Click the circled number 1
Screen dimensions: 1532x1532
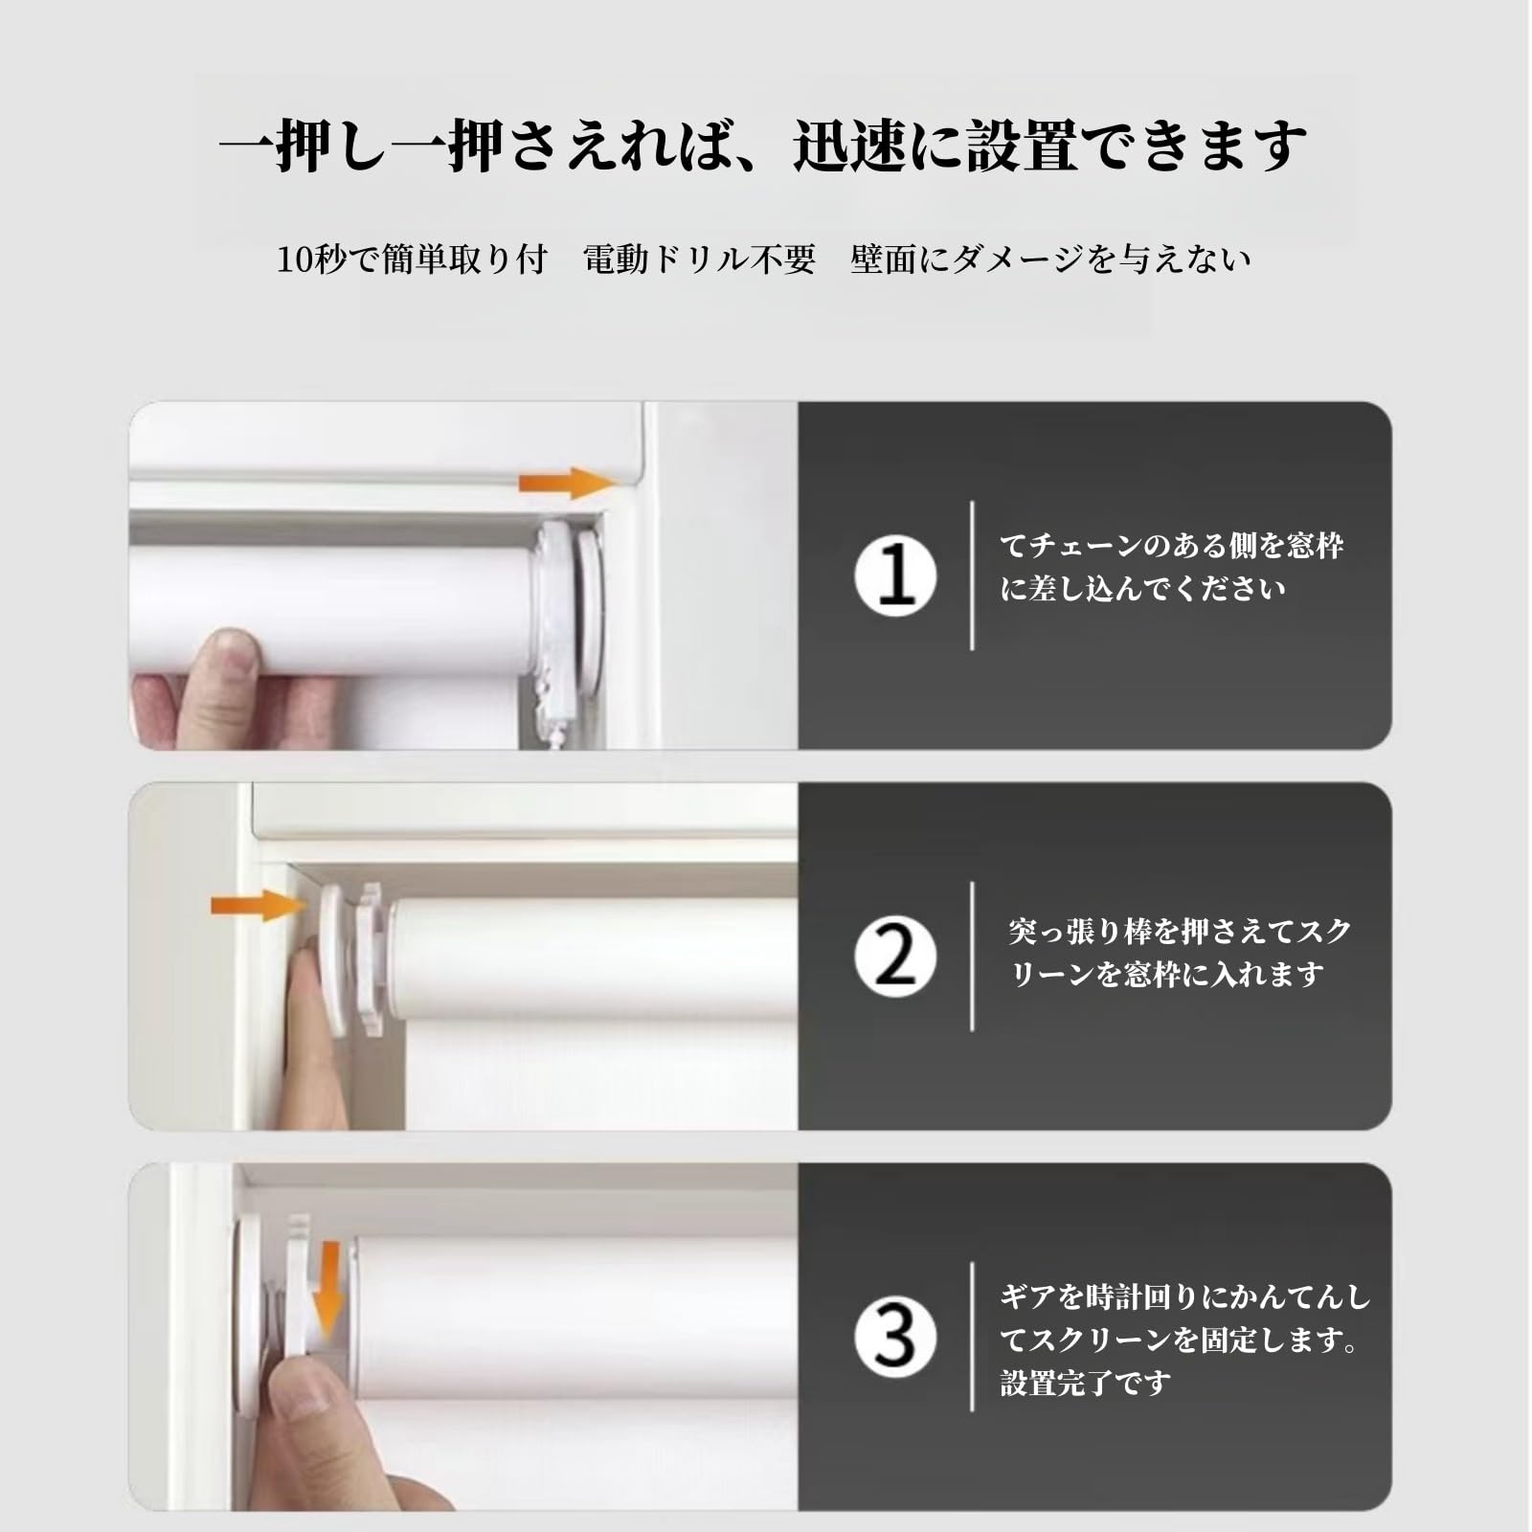click(895, 576)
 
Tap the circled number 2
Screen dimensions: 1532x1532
click(895, 957)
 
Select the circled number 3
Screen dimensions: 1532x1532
click(895, 1337)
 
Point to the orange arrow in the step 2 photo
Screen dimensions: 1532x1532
click(255, 904)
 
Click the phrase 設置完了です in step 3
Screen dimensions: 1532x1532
click(1085, 1383)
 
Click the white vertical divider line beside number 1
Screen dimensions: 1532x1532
click(972, 575)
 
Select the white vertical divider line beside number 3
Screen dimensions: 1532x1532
click(972, 1337)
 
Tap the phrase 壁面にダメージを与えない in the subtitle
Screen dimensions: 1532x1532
click(1050, 259)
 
